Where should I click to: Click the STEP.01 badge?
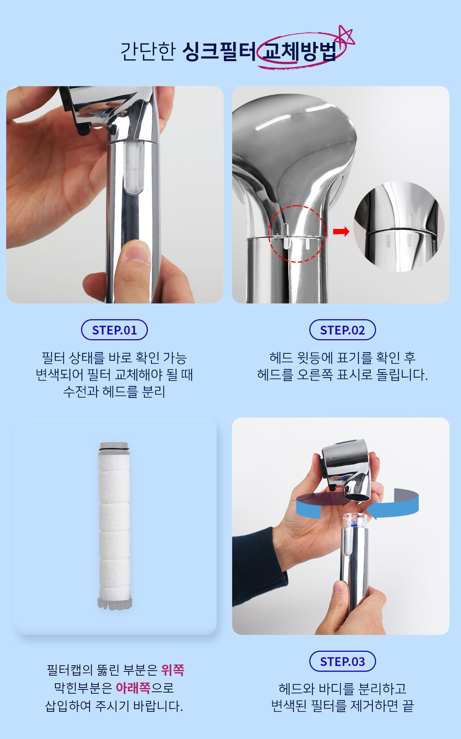[114, 330]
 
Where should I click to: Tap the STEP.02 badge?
[343, 330]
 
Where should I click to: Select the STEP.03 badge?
[343, 661]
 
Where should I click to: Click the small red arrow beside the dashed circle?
[341, 231]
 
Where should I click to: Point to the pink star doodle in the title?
[346, 35]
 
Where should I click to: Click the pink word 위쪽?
[173, 670]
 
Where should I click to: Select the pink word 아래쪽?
[133, 688]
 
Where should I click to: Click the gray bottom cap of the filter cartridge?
[115, 603]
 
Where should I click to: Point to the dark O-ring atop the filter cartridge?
[114, 446]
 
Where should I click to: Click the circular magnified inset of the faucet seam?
[399, 227]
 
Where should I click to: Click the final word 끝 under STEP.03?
[408, 706]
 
